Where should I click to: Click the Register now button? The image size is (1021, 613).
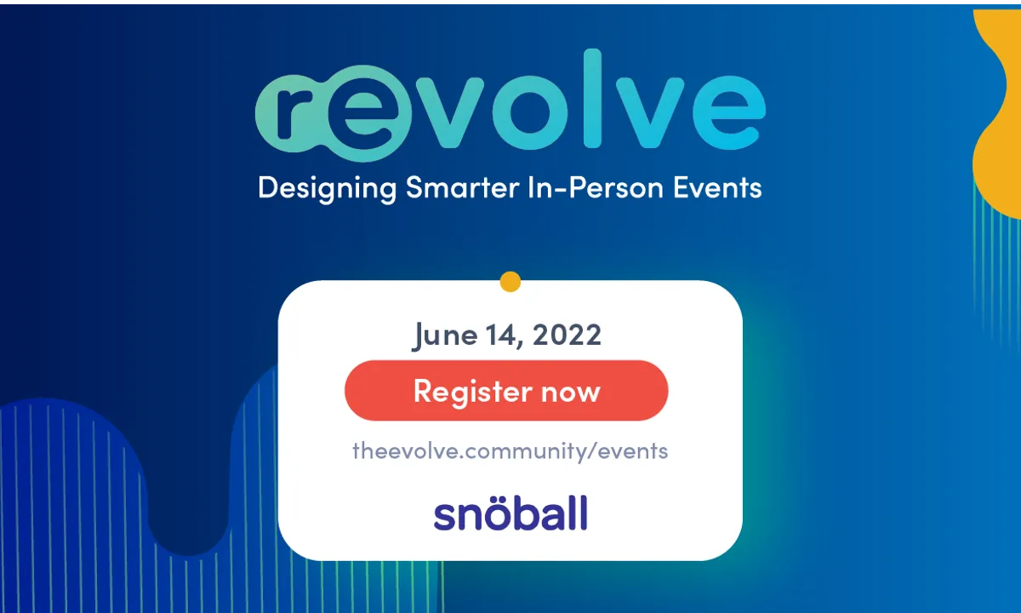coord(506,391)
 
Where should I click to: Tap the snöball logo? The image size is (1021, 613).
coord(510,514)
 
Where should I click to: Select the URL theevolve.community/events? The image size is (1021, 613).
coord(510,450)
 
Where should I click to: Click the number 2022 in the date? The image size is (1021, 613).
coord(567,335)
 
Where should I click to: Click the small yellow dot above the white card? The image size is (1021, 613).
coord(510,282)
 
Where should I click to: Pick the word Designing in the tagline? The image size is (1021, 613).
coord(327,188)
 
